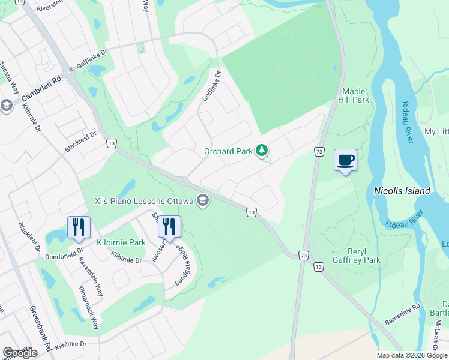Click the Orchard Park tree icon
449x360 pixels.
[x=262, y=151]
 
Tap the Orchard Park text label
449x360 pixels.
[x=228, y=151]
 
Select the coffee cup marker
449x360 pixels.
[x=345, y=160]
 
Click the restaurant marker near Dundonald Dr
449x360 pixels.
[x=79, y=227]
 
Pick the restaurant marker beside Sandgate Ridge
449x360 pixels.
[x=169, y=227]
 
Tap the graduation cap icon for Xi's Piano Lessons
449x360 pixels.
[x=203, y=200]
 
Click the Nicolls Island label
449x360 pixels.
[x=402, y=191]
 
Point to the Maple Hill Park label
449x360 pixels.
[x=355, y=95]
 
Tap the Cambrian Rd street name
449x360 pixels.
[x=41, y=90]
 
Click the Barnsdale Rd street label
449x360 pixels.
[x=402, y=315]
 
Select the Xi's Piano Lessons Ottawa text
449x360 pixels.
[x=143, y=200]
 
